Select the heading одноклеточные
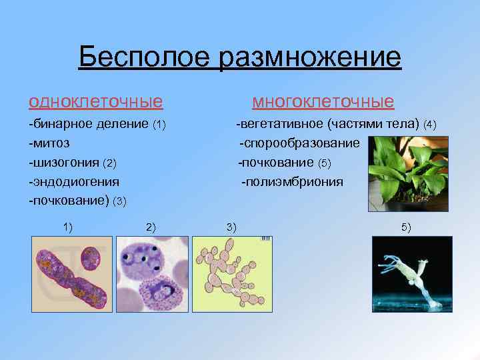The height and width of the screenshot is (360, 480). [x=95, y=101]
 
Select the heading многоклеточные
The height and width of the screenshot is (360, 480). [x=323, y=101]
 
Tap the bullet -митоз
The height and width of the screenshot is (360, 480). [x=50, y=143]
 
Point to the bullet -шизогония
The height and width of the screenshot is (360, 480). [x=64, y=163]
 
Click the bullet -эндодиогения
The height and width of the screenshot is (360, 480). [x=74, y=181]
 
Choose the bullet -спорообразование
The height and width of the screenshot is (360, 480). [x=299, y=143]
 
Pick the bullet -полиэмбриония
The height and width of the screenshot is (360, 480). [x=292, y=181]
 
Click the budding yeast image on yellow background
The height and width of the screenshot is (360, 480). [x=232, y=274]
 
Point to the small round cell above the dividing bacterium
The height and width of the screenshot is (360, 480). [x=89, y=257]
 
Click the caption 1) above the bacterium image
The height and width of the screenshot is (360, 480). [x=68, y=227]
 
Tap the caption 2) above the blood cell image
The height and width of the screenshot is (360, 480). [x=150, y=227]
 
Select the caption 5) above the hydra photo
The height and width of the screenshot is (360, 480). [x=406, y=227]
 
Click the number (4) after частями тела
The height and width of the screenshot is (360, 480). [x=430, y=125]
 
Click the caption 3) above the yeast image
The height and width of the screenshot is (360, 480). [x=231, y=227]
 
